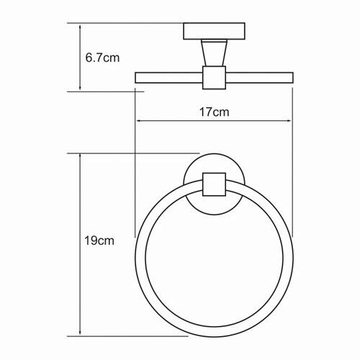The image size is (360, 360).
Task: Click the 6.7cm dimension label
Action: pos(102,58)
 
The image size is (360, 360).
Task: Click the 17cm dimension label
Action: pos(215,112)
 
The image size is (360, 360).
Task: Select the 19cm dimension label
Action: pos(99,240)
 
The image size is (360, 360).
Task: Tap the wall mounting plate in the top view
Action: pos(214,31)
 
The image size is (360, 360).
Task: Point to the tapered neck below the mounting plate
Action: pos(214,53)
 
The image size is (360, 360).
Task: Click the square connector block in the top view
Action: pos(214,78)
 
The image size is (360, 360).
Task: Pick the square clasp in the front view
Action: pos(214,184)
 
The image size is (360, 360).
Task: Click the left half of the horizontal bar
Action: pos(168,78)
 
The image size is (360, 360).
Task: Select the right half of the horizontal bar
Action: pos(259,78)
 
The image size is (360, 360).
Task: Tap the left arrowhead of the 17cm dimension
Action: pos(138,121)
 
